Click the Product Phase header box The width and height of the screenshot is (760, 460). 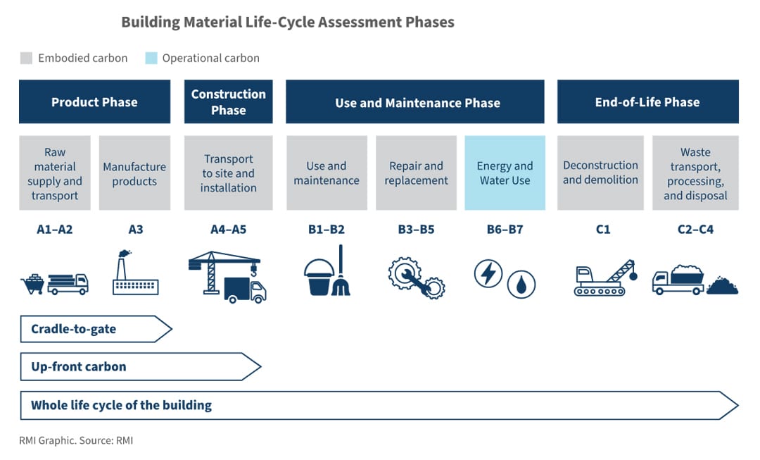[94, 102]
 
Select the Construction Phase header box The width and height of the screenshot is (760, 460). [228, 102]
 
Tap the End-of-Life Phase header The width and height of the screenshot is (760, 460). [647, 102]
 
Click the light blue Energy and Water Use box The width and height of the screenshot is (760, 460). [505, 173]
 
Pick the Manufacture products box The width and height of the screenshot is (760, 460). [134, 173]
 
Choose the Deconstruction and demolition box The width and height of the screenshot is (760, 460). [600, 173]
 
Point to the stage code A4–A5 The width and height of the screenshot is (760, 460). [228, 230]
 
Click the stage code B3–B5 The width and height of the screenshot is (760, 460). [416, 230]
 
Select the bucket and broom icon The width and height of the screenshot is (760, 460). [325, 273]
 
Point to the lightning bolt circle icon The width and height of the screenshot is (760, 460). [488, 273]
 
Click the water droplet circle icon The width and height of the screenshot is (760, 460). [521, 284]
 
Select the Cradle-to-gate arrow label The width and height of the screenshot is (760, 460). [74, 329]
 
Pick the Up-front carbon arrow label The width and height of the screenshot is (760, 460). [79, 367]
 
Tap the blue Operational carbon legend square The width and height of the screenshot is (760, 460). [151, 58]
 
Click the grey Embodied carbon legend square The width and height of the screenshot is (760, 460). [27, 58]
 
